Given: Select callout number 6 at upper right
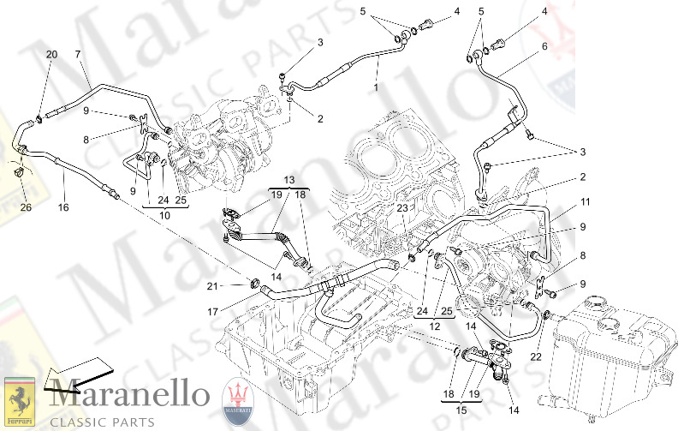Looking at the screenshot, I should point(543,46).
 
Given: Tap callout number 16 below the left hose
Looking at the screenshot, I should point(62,207).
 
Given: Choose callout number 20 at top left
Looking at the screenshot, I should point(51,54).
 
